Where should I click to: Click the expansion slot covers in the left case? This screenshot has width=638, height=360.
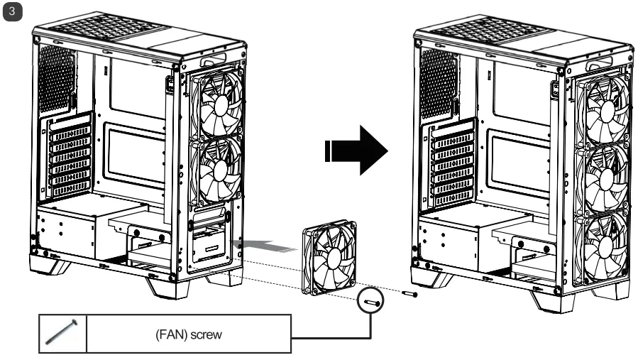click(70, 158)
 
